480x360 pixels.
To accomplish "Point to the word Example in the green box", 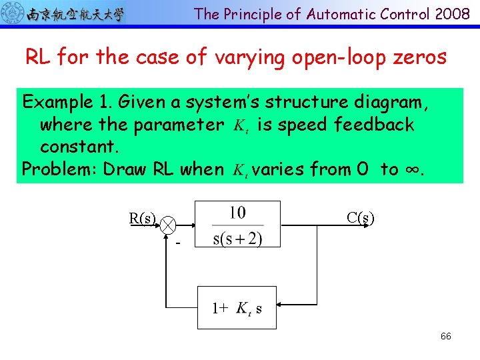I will (x=56, y=103).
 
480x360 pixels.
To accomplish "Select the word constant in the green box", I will (x=75, y=146).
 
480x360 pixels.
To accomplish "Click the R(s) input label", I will (x=143, y=217).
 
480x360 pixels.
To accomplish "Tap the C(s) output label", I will (x=360, y=217).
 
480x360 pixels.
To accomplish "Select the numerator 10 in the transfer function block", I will (x=237, y=213).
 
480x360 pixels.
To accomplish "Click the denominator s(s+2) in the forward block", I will (x=237, y=238).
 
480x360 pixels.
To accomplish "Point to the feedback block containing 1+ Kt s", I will (x=237, y=308).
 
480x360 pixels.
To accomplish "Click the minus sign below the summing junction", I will (x=178, y=244).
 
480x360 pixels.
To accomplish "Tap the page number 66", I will (x=445, y=336).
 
